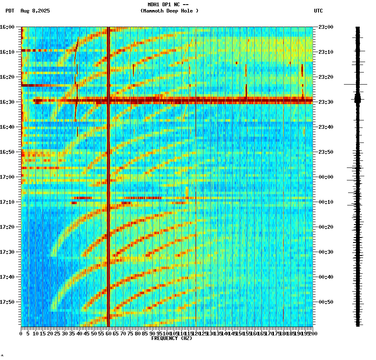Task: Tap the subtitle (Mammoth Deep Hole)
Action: (169, 11)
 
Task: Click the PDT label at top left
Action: (10, 11)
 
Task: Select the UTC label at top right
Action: (318, 11)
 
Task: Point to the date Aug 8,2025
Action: (35, 11)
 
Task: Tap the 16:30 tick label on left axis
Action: (7, 102)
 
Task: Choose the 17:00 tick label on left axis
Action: (7, 177)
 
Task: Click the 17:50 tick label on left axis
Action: (7, 302)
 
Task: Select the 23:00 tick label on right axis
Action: (326, 27)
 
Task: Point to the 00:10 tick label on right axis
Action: (326, 202)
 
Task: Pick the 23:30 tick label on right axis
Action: (326, 102)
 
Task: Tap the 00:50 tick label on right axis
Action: (326, 302)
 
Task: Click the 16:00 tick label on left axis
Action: (7, 27)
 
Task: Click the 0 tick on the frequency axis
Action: (21, 334)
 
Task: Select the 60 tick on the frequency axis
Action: (108, 334)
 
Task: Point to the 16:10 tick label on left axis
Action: (7, 52)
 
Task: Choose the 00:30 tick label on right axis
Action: (326, 252)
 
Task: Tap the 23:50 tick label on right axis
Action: (326, 152)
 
